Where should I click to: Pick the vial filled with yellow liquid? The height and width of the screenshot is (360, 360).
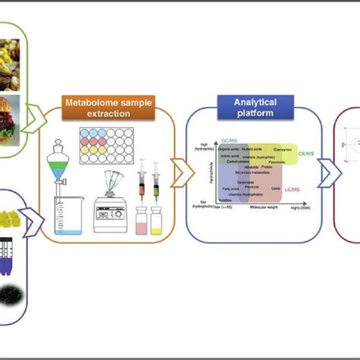(157, 221)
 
